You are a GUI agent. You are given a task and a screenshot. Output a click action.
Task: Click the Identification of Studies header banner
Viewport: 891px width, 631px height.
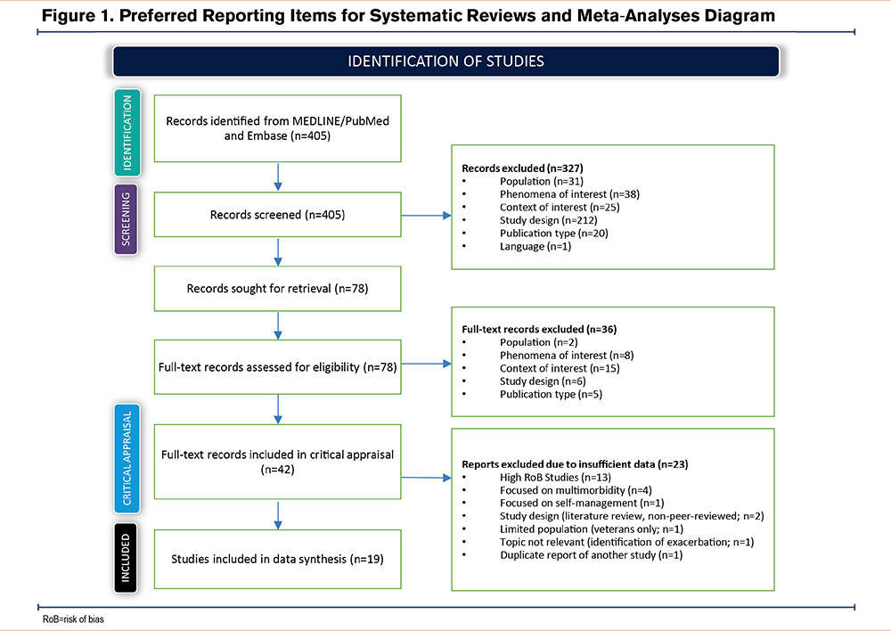click(445, 61)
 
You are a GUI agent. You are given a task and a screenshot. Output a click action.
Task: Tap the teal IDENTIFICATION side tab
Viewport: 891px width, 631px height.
click(125, 133)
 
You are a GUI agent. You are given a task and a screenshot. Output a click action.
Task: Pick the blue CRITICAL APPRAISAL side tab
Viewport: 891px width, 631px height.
click(125, 460)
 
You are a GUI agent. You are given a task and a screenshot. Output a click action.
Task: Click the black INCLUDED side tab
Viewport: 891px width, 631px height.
click(125, 559)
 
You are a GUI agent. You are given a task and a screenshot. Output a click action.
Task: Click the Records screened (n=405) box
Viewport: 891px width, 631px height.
click(277, 215)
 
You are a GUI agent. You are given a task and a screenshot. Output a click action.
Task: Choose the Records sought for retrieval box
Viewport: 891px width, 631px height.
click(277, 289)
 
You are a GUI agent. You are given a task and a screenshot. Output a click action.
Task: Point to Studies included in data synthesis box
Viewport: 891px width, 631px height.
click(277, 560)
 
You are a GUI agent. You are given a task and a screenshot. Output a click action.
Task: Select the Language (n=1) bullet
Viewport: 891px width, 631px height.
click(534, 246)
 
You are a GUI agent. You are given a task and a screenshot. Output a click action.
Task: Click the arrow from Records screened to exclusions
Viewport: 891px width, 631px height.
click(426, 215)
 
